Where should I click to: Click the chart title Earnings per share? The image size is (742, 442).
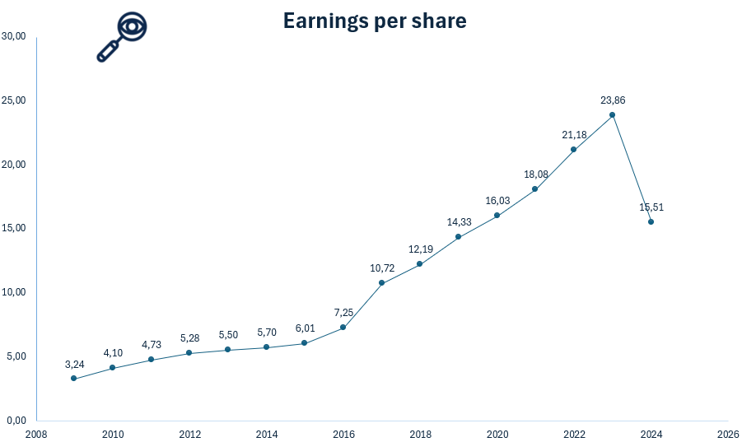(x=375, y=21)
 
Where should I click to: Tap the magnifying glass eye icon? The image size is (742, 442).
(x=122, y=37)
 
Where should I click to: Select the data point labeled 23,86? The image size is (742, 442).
(x=612, y=114)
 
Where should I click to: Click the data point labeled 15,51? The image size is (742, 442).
(x=651, y=221)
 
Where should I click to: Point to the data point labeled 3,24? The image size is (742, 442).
(x=74, y=379)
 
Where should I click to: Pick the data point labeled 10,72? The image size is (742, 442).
(x=381, y=282)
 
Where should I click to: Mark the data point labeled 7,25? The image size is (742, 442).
(x=343, y=327)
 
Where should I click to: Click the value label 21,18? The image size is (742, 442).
(x=573, y=134)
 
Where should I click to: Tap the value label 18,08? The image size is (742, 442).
(x=535, y=174)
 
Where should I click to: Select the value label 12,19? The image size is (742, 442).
(x=420, y=249)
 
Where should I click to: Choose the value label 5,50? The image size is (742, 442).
(x=228, y=335)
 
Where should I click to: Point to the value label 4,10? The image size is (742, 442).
(x=113, y=352)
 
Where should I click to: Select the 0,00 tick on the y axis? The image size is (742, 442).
(x=16, y=420)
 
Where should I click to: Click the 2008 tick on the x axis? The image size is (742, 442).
(x=36, y=433)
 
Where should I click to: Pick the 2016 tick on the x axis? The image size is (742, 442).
(x=343, y=433)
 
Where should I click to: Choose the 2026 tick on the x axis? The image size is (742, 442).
(x=727, y=433)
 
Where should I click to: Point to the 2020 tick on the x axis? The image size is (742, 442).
(x=497, y=433)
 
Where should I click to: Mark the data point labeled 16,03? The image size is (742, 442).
(x=497, y=215)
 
